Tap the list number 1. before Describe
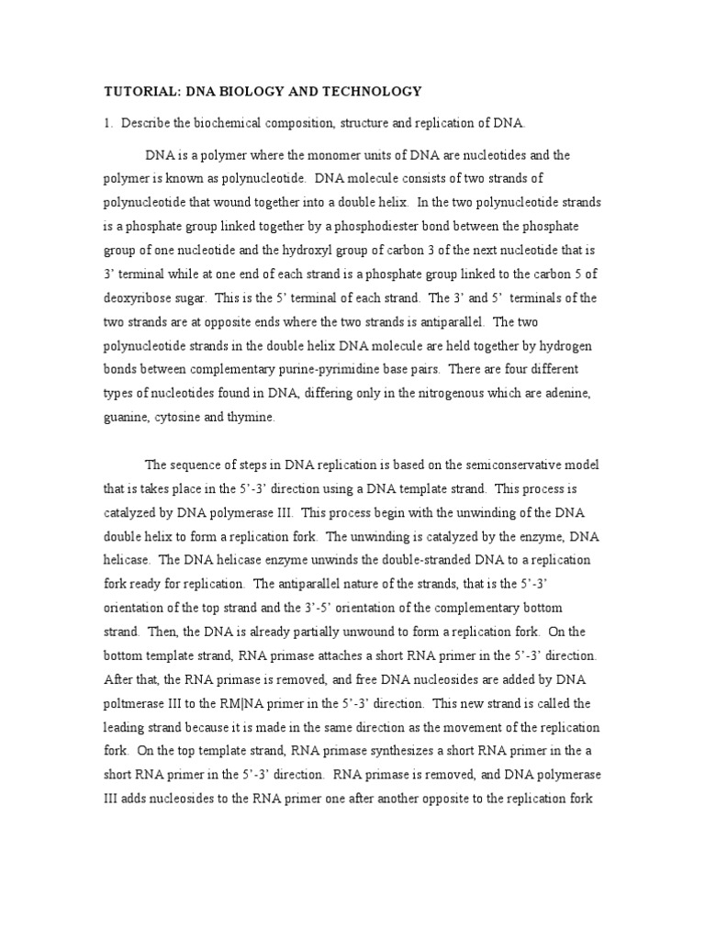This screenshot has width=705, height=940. [106, 123]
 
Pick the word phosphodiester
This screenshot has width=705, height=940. [355, 226]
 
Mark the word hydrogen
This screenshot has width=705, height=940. [576, 345]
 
